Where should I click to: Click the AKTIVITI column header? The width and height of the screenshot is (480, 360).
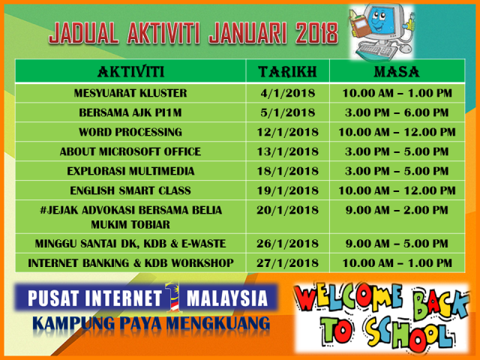point(131,72)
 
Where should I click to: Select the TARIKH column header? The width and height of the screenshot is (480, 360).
point(287,72)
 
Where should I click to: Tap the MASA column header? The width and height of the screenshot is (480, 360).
point(397,72)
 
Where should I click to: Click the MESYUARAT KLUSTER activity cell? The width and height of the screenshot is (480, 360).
point(130,93)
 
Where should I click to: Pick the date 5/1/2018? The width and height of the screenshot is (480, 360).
point(288,112)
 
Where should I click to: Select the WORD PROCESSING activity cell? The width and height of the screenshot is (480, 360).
point(130,132)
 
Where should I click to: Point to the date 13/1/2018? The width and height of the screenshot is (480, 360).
point(288,151)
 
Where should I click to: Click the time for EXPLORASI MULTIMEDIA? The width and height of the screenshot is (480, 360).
point(397,171)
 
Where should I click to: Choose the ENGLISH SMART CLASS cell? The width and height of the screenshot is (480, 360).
point(130,190)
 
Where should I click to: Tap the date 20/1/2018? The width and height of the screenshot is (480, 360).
point(288,210)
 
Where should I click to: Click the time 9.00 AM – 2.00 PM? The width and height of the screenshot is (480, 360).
point(397,210)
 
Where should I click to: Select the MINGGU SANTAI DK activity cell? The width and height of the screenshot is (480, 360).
point(130,244)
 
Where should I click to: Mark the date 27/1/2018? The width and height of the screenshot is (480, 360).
point(288,263)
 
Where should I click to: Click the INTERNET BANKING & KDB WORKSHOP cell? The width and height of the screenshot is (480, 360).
point(130,263)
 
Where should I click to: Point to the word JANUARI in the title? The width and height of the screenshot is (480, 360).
point(247,32)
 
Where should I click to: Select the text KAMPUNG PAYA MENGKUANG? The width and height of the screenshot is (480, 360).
point(151,323)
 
